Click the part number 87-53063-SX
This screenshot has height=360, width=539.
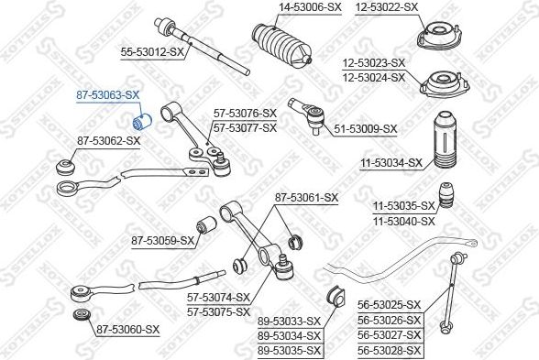click(x=107, y=95)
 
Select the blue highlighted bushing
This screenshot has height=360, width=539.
click(x=142, y=122)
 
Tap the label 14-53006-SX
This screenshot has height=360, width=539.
click(x=310, y=7)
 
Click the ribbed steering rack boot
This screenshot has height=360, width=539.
click(x=282, y=44)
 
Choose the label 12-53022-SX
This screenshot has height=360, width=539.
click(x=387, y=7)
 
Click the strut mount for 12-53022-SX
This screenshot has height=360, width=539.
click(x=438, y=35)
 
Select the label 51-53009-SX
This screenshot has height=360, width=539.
click(x=366, y=129)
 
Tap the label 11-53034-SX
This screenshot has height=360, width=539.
click(x=391, y=163)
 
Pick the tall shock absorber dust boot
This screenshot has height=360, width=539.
click(x=445, y=140)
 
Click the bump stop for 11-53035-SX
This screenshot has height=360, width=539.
click(x=445, y=194)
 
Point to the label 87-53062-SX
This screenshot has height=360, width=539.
click(x=108, y=141)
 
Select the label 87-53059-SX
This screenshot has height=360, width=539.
click(x=163, y=241)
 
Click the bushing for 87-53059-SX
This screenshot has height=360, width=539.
click(x=206, y=225)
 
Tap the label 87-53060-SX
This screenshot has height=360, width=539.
click(x=128, y=330)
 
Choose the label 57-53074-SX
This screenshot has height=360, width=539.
click(x=218, y=298)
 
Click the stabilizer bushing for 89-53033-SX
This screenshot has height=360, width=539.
click(x=335, y=297)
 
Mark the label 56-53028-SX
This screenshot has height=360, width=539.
click(x=389, y=351)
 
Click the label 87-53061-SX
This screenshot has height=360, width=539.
click(x=306, y=198)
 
